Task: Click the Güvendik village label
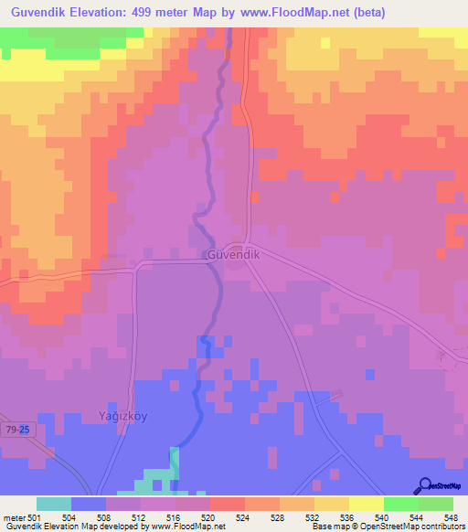(233, 255)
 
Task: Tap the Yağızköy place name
(123, 417)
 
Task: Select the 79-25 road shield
(16, 428)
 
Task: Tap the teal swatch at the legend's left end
(53, 504)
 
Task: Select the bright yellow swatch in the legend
(366, 504)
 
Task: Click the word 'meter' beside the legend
(14, 516)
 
